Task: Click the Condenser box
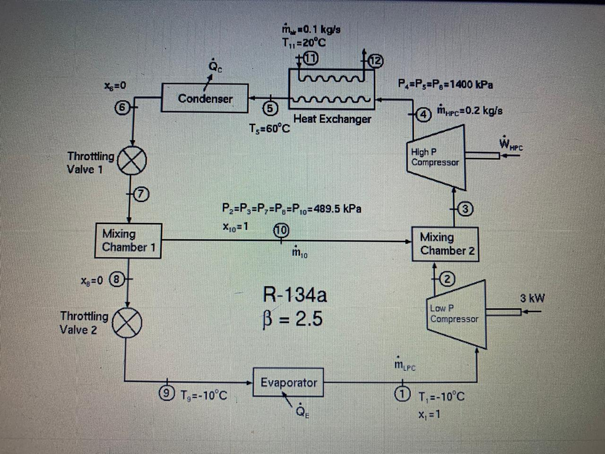[x=205, y=98]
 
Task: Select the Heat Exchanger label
[x=332, y=119]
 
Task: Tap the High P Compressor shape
[x=436, y=157]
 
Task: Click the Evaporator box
[x=288, y=382]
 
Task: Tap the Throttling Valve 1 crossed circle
[x=131, y=161]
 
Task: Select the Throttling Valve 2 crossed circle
[x=126, y=322]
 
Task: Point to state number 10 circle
[x=281, y=230]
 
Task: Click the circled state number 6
[x=122, y=107]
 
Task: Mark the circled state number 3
[x=466, y=209]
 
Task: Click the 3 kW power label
[x=532, y=298]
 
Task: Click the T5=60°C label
[x=269, y=129]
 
